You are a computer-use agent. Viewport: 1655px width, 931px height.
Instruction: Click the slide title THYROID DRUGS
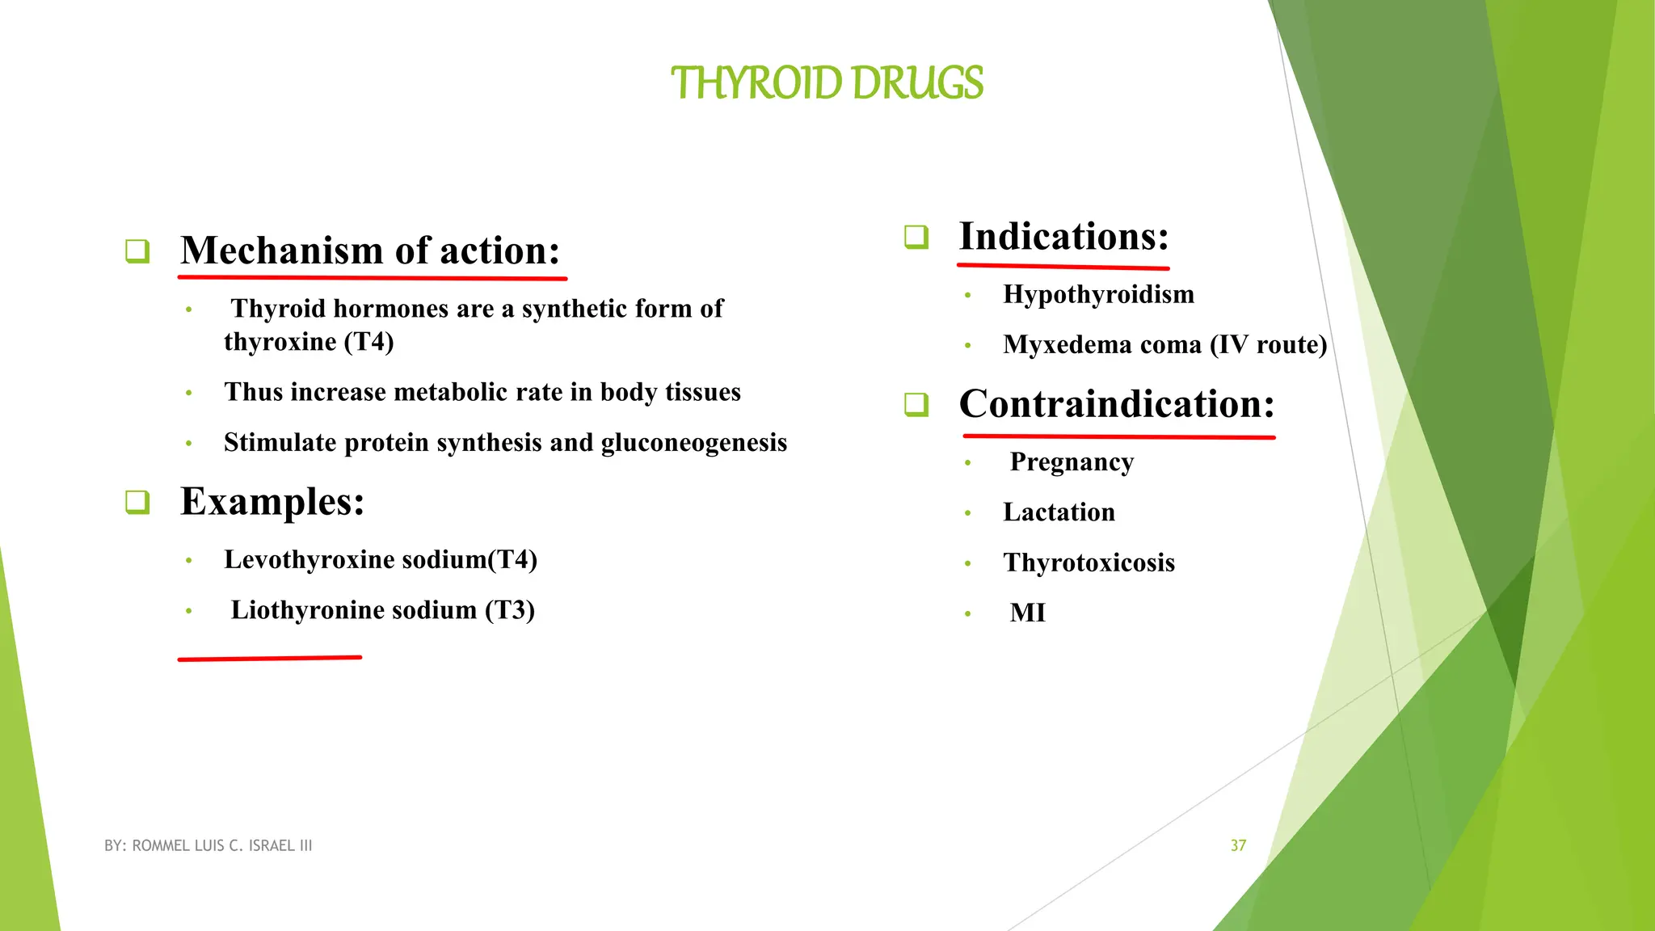(x=827, y=83)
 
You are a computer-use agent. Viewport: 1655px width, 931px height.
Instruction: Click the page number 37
(x=1238, y=845)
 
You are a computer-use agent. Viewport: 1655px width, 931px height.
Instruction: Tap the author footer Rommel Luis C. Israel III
(x=208, y=845)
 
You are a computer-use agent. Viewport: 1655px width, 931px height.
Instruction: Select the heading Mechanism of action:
(x=370, y=251)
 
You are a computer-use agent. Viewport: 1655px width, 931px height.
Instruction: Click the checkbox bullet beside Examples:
(x=137, y=502)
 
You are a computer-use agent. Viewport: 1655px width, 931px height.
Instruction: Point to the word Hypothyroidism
(x=1098, y=294)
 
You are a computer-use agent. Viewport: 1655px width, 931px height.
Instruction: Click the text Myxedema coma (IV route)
(x=1164, y=345)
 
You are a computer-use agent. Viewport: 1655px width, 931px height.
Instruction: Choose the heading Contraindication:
(x=1116, y=404)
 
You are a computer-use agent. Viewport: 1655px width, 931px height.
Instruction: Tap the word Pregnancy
(x=1072, y=462)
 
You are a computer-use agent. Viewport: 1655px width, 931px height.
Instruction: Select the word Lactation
(x=1059, y=512)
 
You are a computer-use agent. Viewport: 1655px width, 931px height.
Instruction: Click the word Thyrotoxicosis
(x=1089, y=562)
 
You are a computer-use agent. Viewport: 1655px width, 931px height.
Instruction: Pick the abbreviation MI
(x=1027, y=613)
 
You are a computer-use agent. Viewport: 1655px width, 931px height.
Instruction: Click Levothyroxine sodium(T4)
(x=381, y=559)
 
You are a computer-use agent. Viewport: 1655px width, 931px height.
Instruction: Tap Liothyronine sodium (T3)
(x=382, y=610)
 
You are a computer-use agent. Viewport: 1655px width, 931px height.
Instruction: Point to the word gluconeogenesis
(x=693, y=443)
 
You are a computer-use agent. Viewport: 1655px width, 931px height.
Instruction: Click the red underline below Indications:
(x=1063, y=265)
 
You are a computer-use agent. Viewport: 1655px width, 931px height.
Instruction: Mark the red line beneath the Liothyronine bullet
(x=269, y=659)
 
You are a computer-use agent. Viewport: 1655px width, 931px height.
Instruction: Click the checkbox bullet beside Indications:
(x=916, y=237)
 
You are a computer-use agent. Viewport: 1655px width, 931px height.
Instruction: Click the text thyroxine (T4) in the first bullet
(x=309, y=342)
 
